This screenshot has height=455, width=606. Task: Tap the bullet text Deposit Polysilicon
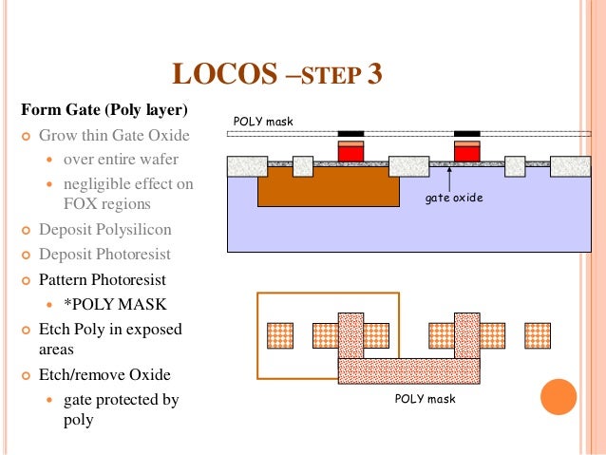tap(105, 230)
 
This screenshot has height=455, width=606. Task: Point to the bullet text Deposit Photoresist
tap(104, 255)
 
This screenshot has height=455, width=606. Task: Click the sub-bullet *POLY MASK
tap(114, 304)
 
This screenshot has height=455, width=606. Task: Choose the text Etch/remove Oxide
tap(104, 375)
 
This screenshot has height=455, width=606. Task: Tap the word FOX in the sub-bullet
tap(82, 204)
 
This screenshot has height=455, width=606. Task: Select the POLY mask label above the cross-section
tap(263, 122)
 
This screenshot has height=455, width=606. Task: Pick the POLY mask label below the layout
tap(425, 399)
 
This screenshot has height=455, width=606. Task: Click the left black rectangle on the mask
tap(350, 133)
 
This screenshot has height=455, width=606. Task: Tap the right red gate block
tap(466, 153)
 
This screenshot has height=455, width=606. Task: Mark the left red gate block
tap(350, 153)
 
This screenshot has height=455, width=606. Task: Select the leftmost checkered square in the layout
tap(280, 335)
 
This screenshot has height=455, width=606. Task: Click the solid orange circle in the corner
tap(559, 397)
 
